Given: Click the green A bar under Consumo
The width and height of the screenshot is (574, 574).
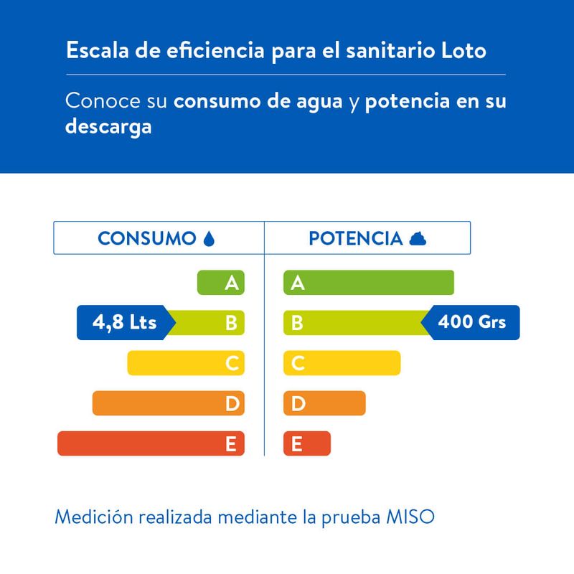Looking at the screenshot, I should tap(221, 283).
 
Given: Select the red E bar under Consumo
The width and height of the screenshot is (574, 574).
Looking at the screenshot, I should tap(151, 443).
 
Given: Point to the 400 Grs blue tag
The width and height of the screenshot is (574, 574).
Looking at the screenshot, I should tap(472, 322).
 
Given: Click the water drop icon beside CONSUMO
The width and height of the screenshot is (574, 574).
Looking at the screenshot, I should tap(210, 238).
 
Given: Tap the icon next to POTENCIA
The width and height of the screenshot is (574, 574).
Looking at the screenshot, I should tap(418, 238).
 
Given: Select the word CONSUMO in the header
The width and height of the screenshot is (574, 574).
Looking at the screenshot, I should tap(147, 238).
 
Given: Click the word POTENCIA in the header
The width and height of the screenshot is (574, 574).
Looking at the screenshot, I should tap(355, 238).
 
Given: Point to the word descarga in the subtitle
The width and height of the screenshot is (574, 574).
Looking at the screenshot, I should tap(108, 129).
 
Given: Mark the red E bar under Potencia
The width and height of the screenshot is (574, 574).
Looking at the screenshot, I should tap(307, 443).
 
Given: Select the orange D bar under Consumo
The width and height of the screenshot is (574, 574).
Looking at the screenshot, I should tap(169, 403).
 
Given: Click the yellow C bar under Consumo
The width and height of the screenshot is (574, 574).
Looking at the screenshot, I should tap(186, 363).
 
